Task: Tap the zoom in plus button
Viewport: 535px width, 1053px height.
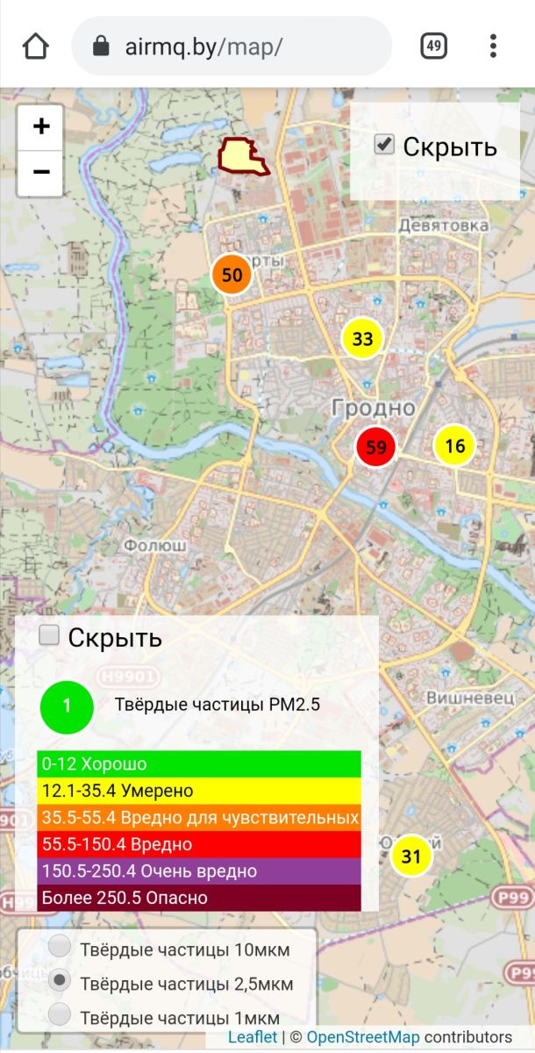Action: tap(40, 127)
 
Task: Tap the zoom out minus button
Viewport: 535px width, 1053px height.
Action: tap(40, 172)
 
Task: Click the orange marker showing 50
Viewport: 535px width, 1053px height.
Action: tap(232, 275)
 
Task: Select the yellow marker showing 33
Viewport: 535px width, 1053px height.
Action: tap(362, 339)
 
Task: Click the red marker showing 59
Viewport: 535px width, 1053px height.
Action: tap(375, 447)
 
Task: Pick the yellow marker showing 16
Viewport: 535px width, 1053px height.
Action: tap(454, 446)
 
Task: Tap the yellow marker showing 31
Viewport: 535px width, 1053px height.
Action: tap(411, 856)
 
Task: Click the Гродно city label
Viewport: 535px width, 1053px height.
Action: tap(373, 407)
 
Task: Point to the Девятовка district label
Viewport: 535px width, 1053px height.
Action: tap(443, 226)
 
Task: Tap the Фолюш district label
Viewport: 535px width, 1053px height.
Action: tap(155, 545)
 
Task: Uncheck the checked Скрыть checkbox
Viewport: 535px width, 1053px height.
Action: tap(384, 144)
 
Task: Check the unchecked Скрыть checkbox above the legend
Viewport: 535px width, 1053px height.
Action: tap(50, 635)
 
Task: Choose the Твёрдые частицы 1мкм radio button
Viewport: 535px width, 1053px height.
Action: tap(61, 1015)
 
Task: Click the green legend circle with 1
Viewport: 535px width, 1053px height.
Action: tap(67, 707)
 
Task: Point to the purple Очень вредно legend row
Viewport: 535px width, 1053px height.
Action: tap(199, 871)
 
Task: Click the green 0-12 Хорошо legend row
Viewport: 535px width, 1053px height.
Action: tap(199, 764)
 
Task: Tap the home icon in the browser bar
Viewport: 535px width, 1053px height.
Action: tap(36, 46)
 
